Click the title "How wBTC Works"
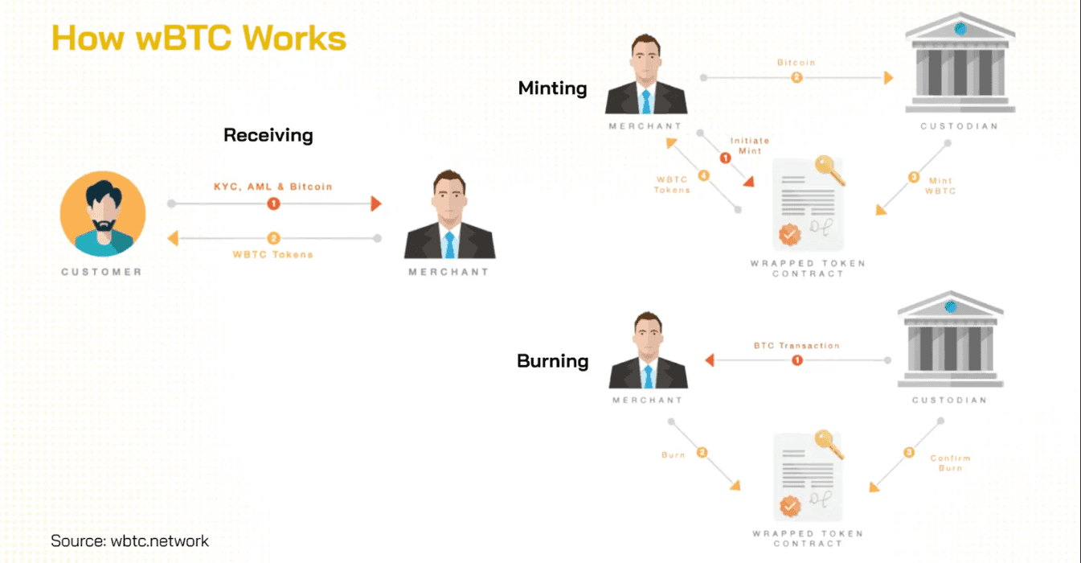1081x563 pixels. pos(199,38)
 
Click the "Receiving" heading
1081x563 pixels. pos(268,135)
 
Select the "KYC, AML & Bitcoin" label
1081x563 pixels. pos(272,187)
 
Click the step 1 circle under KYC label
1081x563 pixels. pos(273,204)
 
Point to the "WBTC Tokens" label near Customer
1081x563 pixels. pos(272,254)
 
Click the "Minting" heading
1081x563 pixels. pos(552,88)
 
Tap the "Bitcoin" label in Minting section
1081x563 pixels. pos(796,62)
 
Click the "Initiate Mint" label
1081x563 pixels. pos(749,146)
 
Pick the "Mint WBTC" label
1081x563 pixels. pos(940,186)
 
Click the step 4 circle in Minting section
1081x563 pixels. pos(703,175)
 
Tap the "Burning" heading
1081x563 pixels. pos(552,361)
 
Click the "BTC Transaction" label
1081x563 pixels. pos(796,345)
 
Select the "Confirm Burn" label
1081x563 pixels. pos(950,462)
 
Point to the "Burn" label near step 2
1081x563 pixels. pos(673,454)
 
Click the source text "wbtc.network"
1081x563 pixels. pos(158,540)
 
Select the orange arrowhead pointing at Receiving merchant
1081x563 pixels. pos(375,204)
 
